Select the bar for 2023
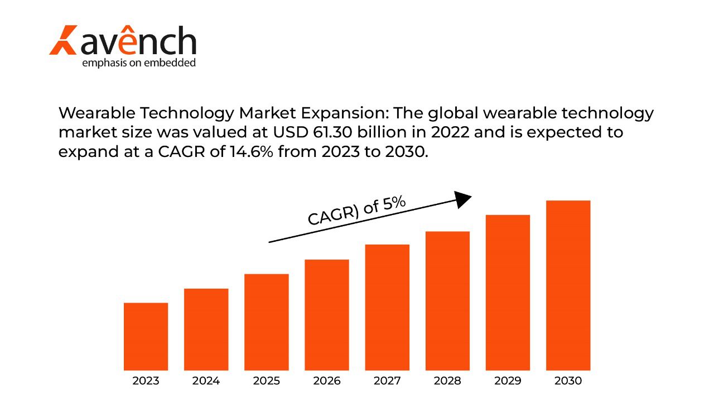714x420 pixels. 146,336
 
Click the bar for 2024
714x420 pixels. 206,329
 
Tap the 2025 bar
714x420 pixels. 267,322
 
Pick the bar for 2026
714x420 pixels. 327,314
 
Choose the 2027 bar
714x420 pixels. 387,307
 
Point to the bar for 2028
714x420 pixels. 447,300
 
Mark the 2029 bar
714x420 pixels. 508,292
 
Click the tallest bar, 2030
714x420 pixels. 568,285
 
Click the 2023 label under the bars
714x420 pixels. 146,381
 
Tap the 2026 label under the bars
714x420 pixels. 327,381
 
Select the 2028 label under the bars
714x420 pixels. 447,381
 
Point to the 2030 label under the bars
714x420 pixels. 568,381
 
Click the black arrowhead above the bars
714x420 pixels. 463,199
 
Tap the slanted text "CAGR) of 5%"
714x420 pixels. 357,211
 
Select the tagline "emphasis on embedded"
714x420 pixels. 139,63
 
